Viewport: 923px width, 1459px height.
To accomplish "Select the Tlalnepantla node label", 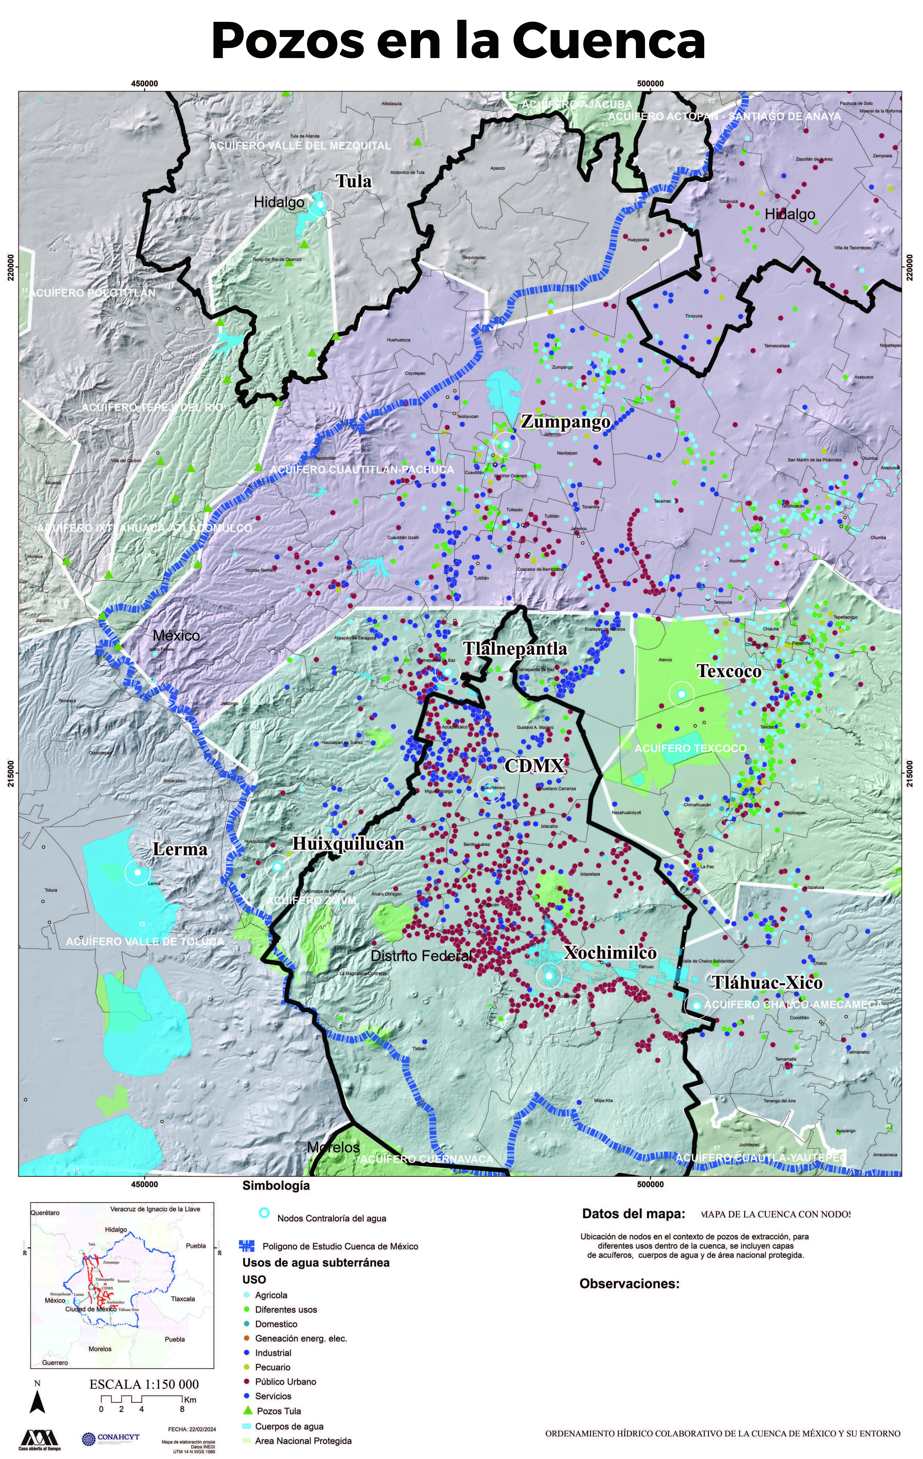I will pos(515,649).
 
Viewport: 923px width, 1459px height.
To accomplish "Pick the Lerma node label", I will pos(180,849).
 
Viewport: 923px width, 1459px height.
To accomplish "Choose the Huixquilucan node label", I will pos(348,844).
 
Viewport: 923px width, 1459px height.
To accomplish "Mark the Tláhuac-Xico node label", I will pos(767,983).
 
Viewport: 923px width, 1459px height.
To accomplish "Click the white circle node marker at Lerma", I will pos(137,873).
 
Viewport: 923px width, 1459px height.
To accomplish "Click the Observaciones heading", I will pos(629,1283).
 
